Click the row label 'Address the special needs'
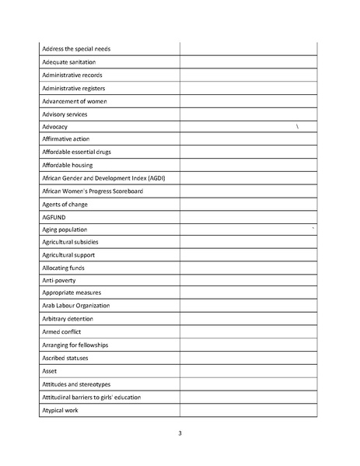pyautogui.click(x=76, y=49)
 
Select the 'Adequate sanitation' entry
pyautogui.click(x=68, y=62)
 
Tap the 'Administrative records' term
pyautogui.click(x=72, y=75)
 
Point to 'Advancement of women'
pyautogui.click(x=75, y=101)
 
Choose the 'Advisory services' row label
pyautogui.click(x=65, y=114)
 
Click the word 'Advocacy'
pyautogui.click(x=55, y=127)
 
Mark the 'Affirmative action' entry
pyautogui.click(x=66, y=139)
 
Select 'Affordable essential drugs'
pyautogui.click(x=76, y=152)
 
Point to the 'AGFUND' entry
pyautogui.click(x=54, y=217)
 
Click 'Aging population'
pyautogui.click(x=65, y=229)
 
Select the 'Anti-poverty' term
pyautogui.click(x=59, y=280)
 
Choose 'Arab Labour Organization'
pyautogui.click(x=76, y=306)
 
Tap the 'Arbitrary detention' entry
pyautogui.click(x=68, y=319)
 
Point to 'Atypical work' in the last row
pyautogui.click(x=61, y=410)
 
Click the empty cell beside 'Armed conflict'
pyautogui.click(x=248, y=332)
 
